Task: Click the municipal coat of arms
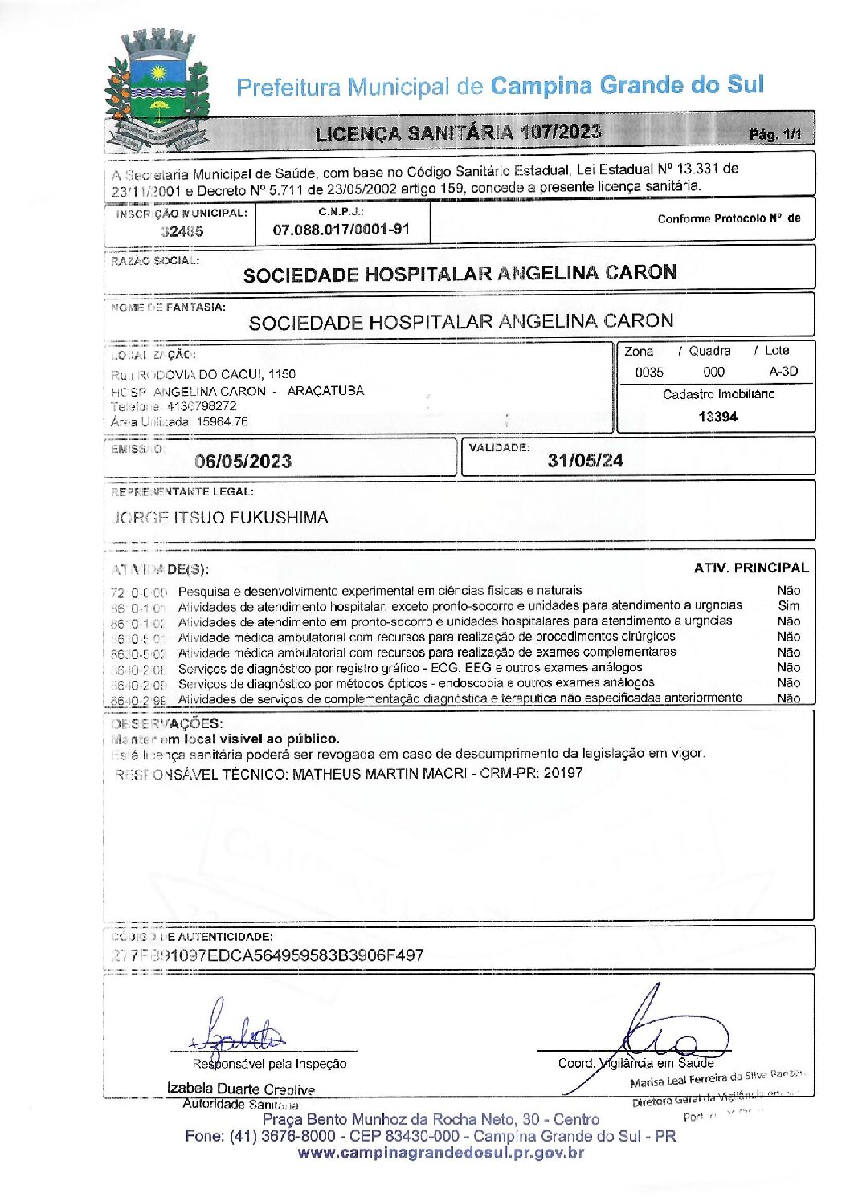pos(157,90)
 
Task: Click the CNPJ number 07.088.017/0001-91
pos(341,230)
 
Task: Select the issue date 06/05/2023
pos(243,461)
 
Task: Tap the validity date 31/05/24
pos(585,460)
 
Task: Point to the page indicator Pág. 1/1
pos(774,135)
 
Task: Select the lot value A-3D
pos(783,372)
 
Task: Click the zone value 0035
pos(649,373)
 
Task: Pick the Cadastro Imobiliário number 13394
pos(717,417)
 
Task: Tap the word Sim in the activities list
pos(789,605)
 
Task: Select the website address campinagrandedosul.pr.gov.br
pos(440,1153)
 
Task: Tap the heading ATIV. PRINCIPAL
pos(750,568)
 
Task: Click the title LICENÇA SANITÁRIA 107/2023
pos(458,133)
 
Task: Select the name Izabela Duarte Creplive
pos(240,1089)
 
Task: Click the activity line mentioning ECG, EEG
pos(410,667)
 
